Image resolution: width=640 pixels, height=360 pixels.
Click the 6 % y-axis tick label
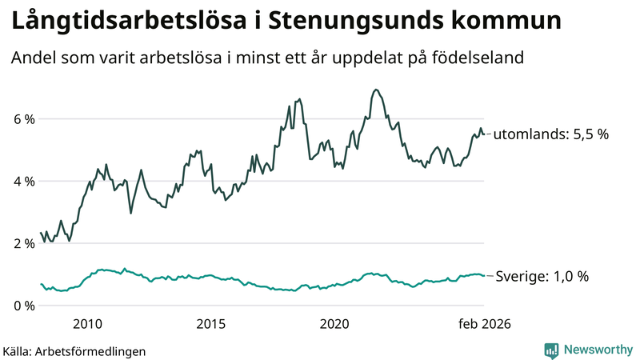tap(24, 119)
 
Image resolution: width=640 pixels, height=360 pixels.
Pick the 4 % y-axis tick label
tap(24, 182)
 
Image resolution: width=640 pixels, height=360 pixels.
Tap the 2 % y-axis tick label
tap(24, 244)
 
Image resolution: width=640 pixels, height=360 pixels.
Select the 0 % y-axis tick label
tap(24, 306)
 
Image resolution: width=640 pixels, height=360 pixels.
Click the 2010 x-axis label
tap(87, 324)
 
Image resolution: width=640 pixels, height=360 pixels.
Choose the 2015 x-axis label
tap(211, 324)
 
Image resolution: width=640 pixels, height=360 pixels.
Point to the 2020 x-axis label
tap(334, 324)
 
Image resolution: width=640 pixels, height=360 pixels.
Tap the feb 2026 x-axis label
tap(483, 324)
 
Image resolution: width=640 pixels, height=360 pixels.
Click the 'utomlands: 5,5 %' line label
tap(550, 134)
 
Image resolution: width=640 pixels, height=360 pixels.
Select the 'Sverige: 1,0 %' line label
tap(541, 276)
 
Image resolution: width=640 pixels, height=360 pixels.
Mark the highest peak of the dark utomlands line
tap(376, 90)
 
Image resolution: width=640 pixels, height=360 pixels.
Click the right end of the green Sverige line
tap(484, 275)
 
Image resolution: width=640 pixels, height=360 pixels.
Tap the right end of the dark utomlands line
tap(484, 134)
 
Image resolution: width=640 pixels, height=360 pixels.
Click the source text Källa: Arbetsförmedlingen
tap(74, 350)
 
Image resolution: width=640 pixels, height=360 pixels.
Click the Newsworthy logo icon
tap(551, 350)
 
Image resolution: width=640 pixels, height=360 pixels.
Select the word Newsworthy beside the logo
tap(598, 350)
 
